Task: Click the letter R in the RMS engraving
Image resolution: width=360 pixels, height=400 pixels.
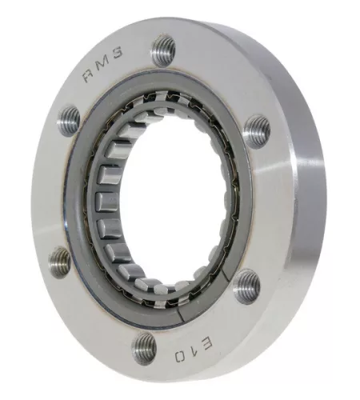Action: [x=88, y=76]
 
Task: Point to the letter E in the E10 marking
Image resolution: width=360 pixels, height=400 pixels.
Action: [x=205, y=344]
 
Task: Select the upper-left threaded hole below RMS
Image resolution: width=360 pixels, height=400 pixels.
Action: [x=69, y=121]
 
